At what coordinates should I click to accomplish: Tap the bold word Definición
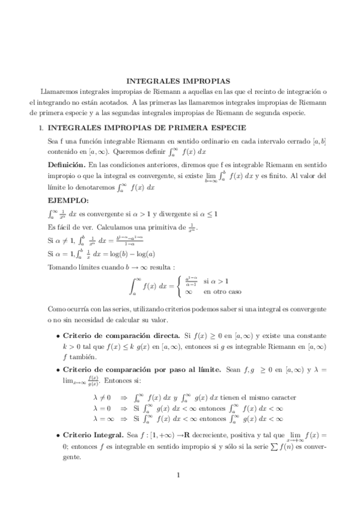click(66, 164)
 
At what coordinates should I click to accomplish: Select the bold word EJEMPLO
click(67, 199)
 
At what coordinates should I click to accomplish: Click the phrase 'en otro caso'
click(222, 292)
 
